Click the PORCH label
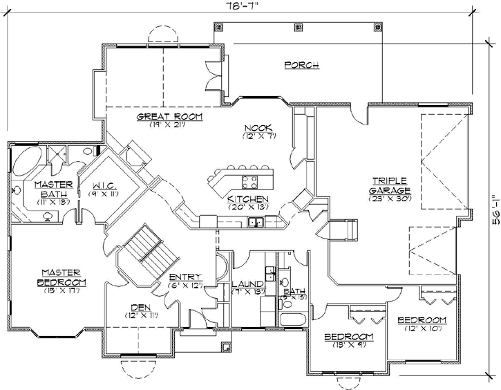[301, 65]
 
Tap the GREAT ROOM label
[169, 117]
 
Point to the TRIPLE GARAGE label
[390, 185]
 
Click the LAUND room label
[246, 284]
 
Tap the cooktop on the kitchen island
[249, 183]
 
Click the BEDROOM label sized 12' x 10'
[422, 321]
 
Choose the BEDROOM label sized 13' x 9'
[349, 337]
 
